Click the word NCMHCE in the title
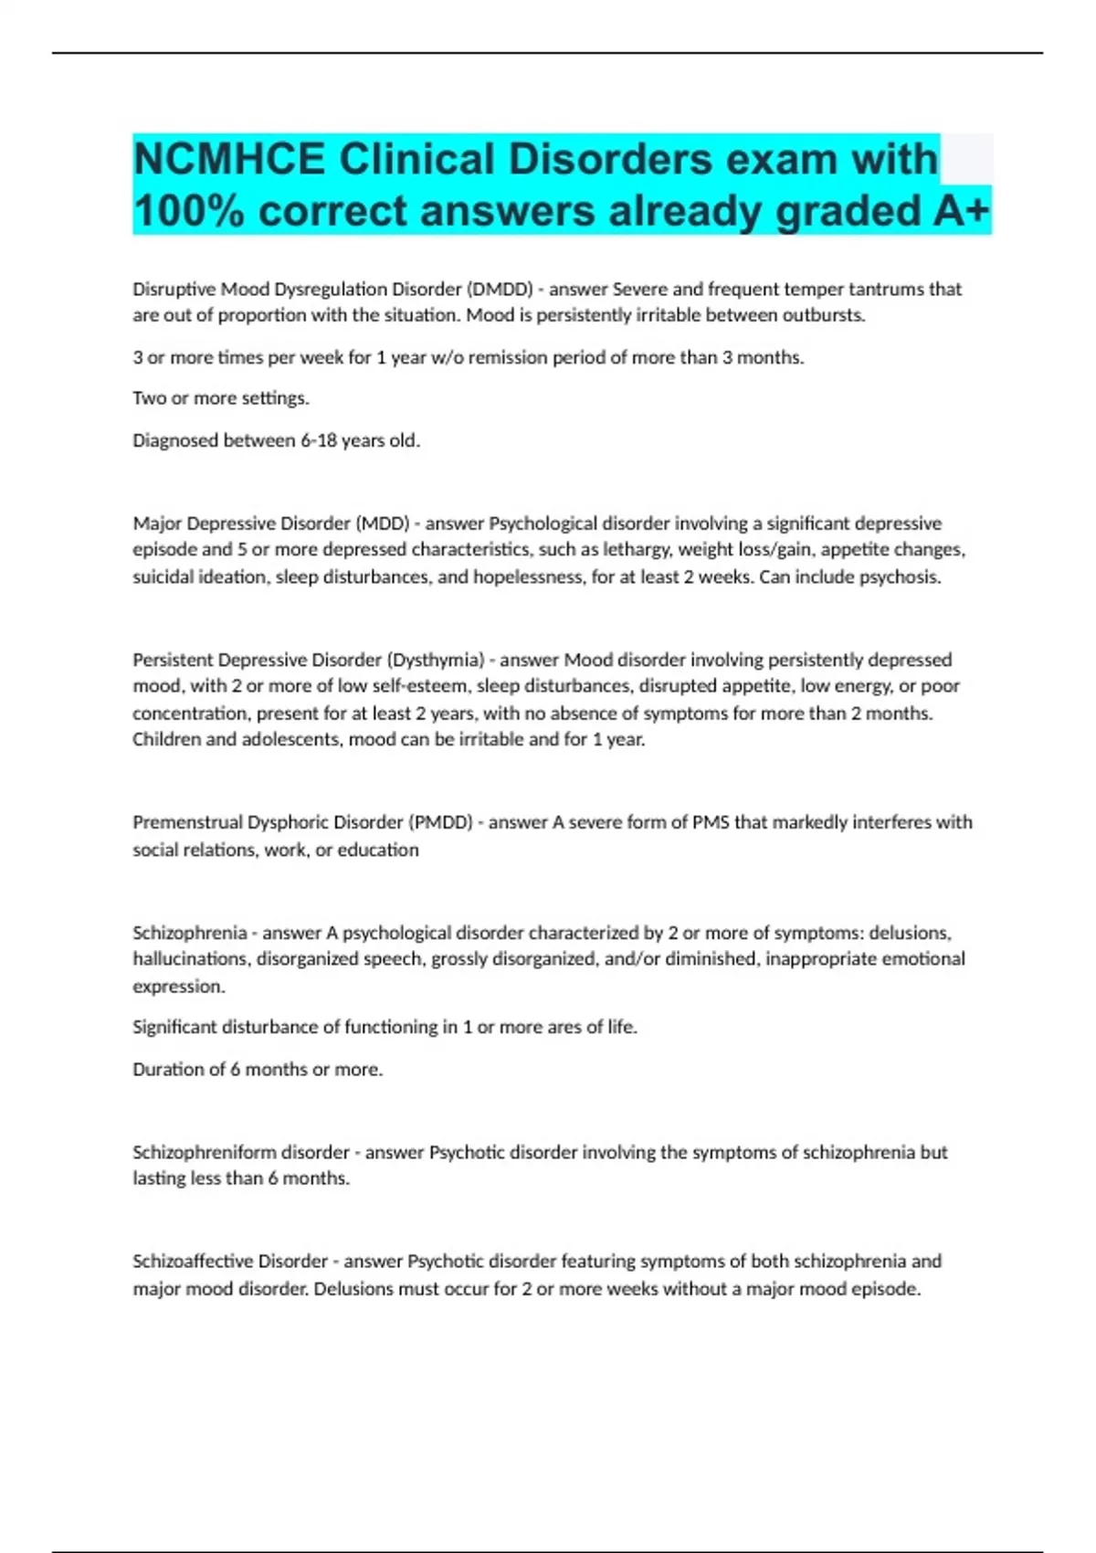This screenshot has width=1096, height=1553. point(228,160)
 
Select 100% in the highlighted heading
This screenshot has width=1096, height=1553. point(189,211)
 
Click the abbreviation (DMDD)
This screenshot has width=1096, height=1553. point(500,290)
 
